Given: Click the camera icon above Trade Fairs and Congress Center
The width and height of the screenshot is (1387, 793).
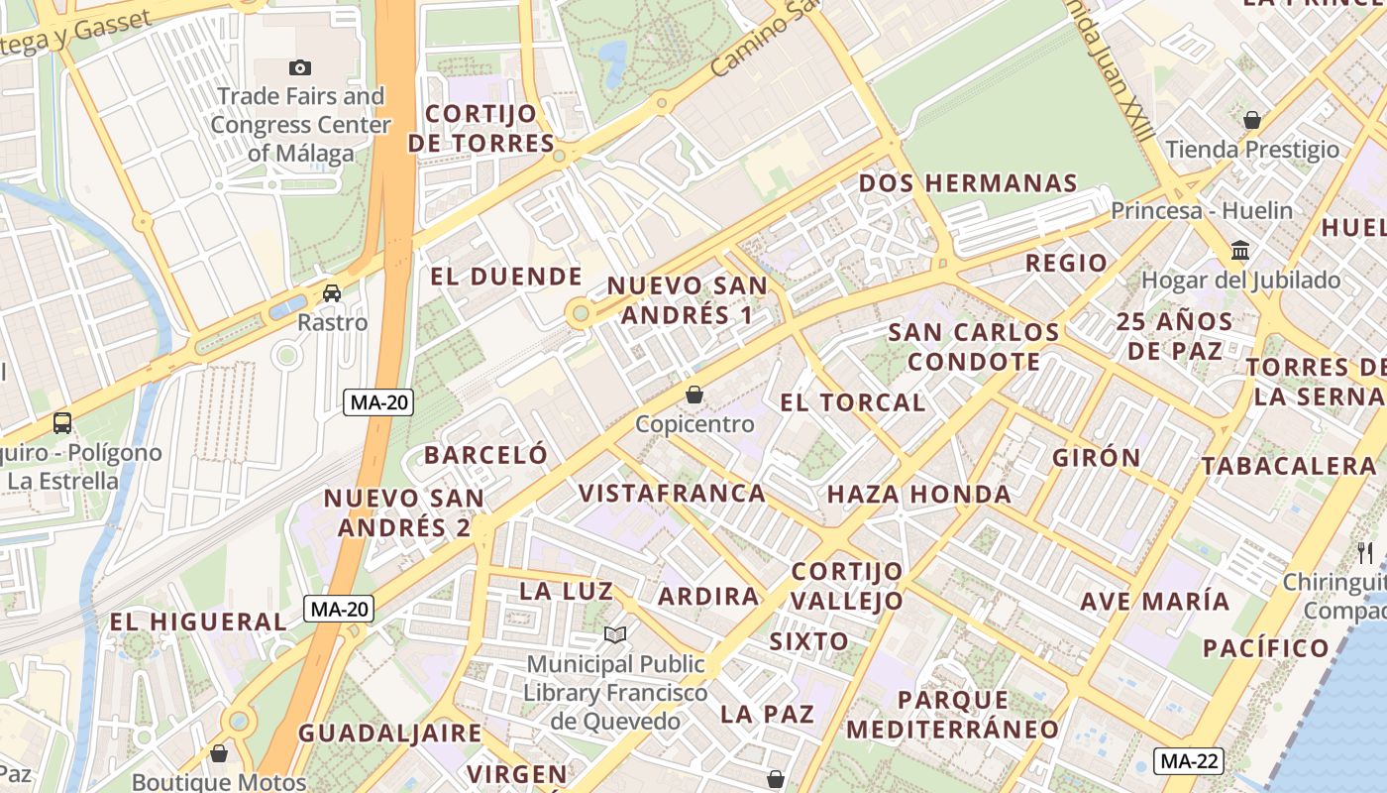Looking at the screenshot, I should [x=299, y=67].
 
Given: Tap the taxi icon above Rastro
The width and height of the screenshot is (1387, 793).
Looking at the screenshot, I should [x=332, y=293].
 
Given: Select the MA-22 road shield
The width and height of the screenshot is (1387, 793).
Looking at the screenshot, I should [x=1189, y=761].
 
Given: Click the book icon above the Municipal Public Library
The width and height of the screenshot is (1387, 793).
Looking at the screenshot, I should [x=615, y=634].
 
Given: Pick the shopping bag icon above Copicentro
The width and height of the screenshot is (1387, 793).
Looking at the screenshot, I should [x=694, y=395].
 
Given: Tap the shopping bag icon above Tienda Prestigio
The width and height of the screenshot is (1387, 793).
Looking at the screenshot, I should [x=1252, y=120].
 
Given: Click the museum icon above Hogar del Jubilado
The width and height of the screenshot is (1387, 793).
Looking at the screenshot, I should [x=1240, y=250].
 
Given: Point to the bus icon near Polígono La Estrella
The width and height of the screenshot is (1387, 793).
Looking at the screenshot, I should [x=61, y=423].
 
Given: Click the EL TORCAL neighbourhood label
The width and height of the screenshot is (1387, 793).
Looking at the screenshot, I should [x=852, y=402].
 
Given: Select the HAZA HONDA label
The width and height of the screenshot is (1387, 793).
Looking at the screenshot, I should [x=918, y=494].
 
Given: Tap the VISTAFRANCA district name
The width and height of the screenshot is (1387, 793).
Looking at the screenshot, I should [x=672, y=493].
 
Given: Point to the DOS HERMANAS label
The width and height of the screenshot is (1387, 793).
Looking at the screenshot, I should [x=967, y=183].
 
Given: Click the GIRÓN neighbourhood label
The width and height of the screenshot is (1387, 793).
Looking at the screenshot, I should [x=1096, y=458].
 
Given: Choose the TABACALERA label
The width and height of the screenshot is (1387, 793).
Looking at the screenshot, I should [x=1288, y=466].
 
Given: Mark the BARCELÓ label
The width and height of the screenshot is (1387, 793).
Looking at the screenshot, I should [x=485, y=455].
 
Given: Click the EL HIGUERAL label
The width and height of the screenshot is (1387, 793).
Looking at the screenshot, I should [x=197, y=623].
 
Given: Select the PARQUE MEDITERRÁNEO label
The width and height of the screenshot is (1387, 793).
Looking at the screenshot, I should [x=952, y=715].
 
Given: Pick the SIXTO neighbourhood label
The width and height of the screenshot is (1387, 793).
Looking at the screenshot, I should [x=808, y=641].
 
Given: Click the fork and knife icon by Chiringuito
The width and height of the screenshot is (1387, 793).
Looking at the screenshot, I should [x=1365, y=552].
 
